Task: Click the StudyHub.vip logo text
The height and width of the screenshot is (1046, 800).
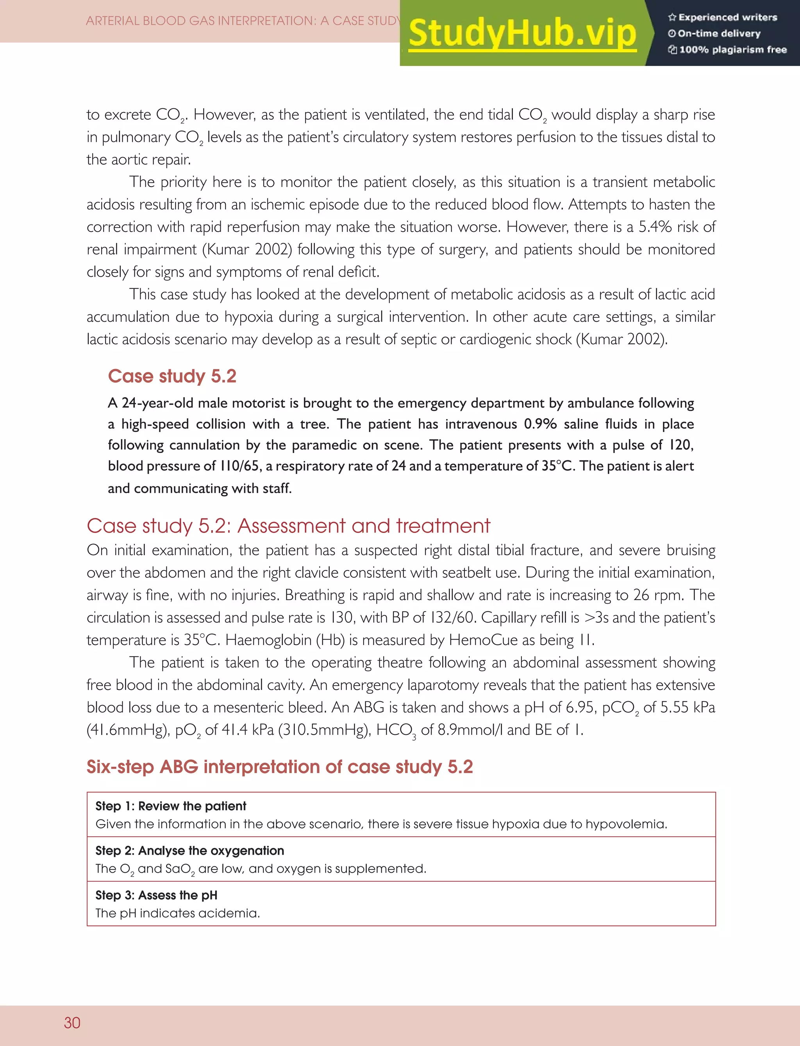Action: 522,33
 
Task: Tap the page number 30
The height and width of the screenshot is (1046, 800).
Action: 72,1022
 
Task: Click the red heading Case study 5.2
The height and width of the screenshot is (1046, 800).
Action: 172,376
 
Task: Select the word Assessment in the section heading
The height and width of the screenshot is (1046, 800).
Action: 291,526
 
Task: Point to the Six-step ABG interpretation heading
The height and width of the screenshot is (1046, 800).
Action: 280,767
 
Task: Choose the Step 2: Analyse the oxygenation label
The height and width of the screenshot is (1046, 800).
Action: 189,850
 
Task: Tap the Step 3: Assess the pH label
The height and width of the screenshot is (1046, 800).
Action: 156,895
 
